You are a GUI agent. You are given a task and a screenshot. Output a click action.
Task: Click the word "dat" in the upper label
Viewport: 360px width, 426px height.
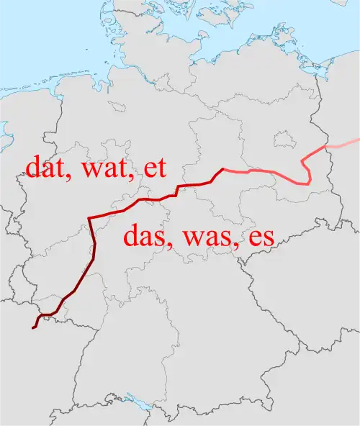[48, 167]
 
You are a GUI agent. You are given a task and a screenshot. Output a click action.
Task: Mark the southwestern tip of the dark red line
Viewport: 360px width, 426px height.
[33, 327]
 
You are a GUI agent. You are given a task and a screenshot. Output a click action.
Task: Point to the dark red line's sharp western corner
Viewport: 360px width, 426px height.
[89, 217]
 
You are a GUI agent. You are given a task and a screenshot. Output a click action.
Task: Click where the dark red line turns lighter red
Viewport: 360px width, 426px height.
[223, 170]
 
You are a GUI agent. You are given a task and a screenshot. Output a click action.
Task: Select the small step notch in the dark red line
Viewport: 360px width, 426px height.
[177, 189]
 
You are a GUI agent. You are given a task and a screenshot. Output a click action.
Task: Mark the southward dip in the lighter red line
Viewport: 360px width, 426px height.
[308, 181]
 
